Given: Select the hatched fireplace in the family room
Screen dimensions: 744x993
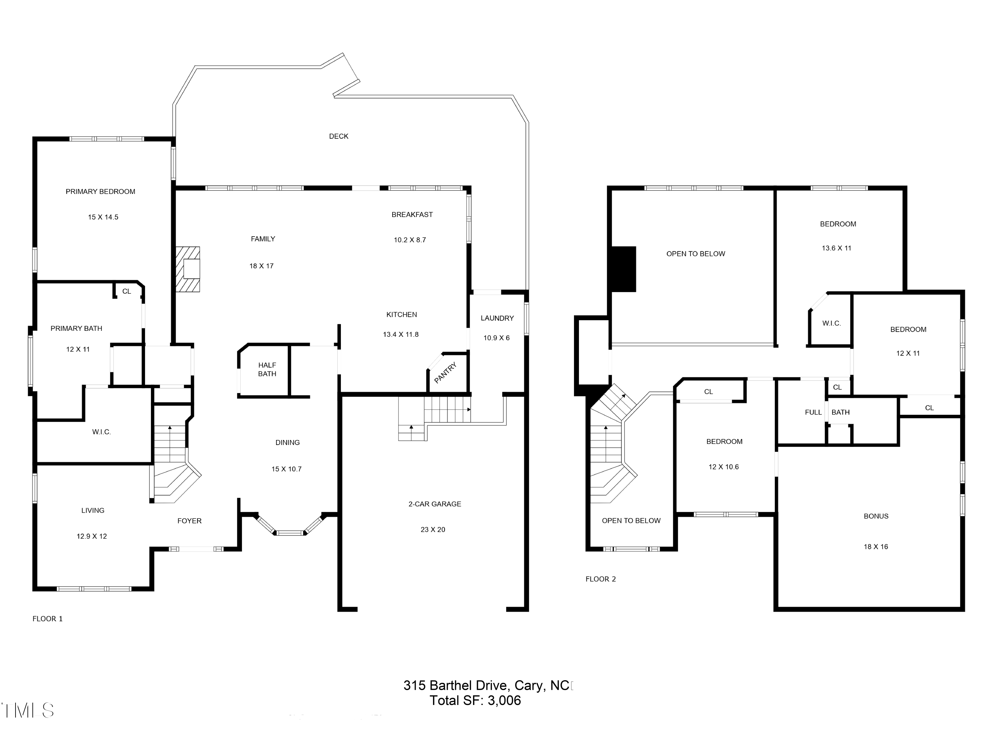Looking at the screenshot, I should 188,269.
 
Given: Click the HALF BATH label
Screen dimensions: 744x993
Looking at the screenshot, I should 267,369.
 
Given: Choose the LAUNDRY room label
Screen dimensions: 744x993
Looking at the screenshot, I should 497,318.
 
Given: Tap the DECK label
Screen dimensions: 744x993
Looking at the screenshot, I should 339,136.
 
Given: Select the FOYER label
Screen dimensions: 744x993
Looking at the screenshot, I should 189,521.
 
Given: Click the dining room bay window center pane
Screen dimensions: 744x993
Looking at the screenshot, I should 290,533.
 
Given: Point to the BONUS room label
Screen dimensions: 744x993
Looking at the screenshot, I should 876,516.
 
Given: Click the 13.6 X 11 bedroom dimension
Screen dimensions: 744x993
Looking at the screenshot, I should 836,248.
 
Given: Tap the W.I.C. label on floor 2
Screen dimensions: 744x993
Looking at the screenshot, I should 831,323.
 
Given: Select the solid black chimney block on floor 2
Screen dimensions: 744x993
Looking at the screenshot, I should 624,269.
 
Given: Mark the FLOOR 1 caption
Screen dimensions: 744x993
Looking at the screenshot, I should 48,619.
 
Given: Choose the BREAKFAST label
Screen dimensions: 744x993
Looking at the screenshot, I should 412,215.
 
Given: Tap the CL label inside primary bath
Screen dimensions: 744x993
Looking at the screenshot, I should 126,292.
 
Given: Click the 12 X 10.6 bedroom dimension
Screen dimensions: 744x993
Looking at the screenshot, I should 723,467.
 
